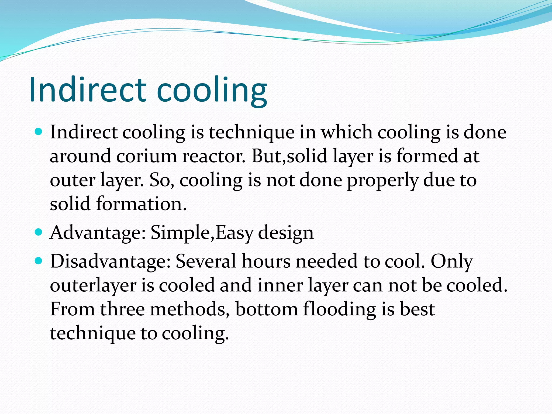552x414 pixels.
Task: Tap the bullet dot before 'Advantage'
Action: tap(39, 232)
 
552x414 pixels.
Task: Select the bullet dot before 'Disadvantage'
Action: tap(39, 261)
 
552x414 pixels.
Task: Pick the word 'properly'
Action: tap(382, 181)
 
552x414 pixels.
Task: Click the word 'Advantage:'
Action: tap(98, 233)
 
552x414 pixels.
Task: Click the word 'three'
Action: tap(123, 309)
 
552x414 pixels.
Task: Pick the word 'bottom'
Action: tap(266, 309)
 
